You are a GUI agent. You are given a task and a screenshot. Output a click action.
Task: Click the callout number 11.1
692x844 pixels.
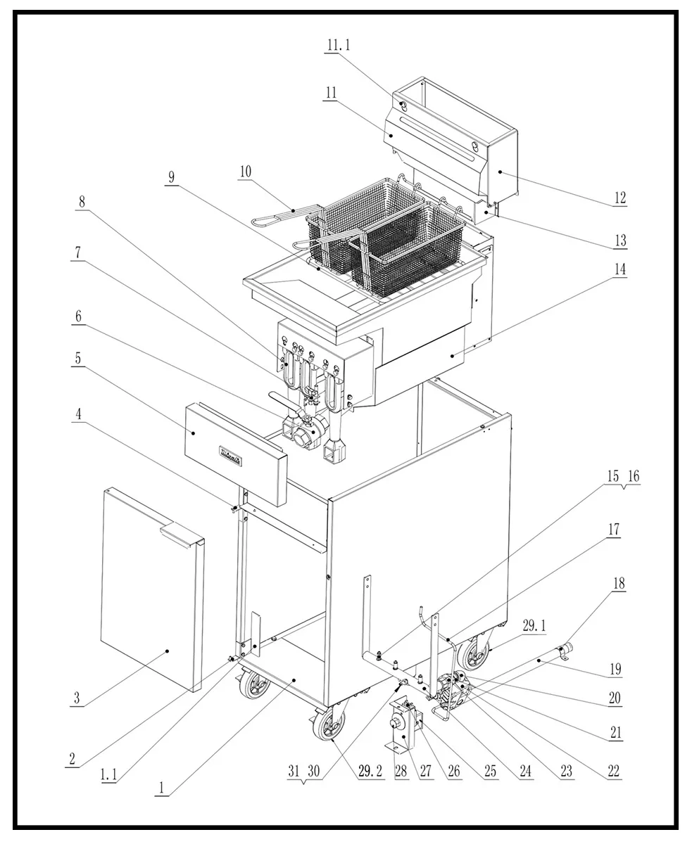[339, 45]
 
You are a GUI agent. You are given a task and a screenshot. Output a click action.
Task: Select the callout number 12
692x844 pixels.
[620, 198]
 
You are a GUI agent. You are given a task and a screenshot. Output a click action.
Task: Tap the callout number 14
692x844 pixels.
[620, 269]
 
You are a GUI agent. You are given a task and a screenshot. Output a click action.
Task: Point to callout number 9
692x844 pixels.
[171, 177]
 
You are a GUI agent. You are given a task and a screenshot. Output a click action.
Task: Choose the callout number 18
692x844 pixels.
[619, 584]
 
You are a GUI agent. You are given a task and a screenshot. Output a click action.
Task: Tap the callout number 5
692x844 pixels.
[78, 358]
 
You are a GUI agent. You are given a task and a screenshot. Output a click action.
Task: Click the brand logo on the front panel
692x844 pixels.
[230, 456]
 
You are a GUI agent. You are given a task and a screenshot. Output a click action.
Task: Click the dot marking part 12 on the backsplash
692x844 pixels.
[501, 172]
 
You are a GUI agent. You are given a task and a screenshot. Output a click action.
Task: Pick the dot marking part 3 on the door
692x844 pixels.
[168, 651]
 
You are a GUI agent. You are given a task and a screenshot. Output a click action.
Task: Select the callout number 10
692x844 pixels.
[246, 172]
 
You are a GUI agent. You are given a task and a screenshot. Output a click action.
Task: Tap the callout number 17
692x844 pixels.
[614, 530]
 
